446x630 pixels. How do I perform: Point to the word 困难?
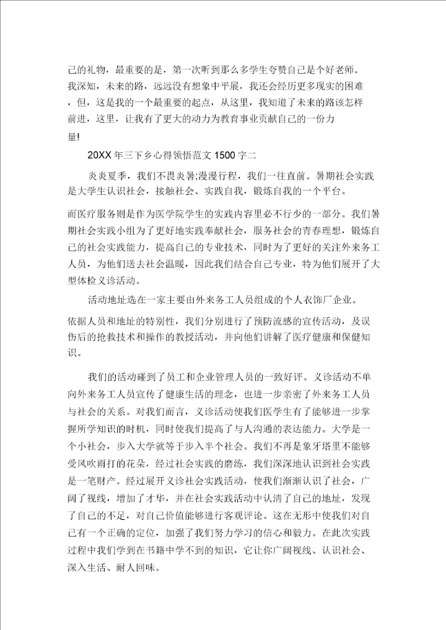[x=367, y=85]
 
